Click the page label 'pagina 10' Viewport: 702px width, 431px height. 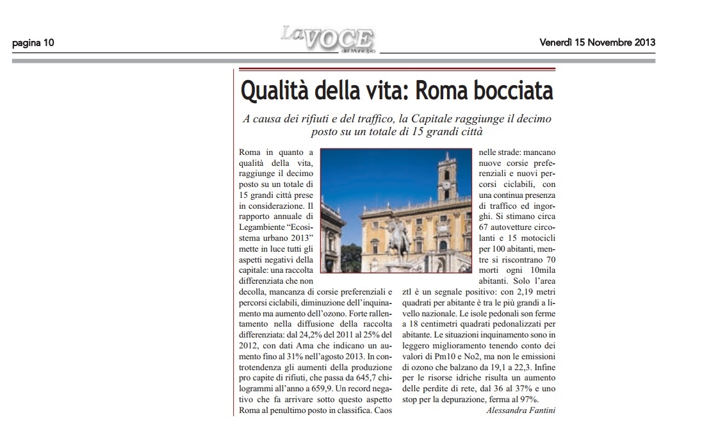click(32, 44)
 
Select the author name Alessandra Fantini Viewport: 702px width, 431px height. click(521, 410)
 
